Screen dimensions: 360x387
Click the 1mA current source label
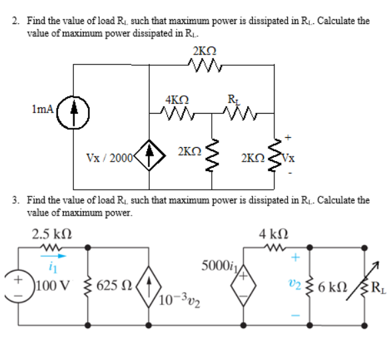(41, 108)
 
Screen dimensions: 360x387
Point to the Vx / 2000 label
(109, 158)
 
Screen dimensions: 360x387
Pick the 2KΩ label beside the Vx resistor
(253, 158)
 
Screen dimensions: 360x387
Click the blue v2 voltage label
(294, 286)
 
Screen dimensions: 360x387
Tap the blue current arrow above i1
(53, 253)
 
